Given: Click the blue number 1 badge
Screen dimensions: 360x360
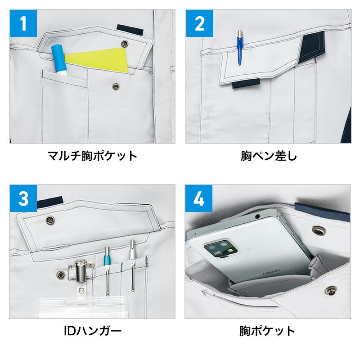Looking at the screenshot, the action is point(23,23).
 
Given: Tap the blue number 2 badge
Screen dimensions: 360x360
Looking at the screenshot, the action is point(199,23).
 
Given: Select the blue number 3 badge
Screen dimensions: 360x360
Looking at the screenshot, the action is point(23,198).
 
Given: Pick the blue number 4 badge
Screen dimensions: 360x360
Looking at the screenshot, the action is point(199,198).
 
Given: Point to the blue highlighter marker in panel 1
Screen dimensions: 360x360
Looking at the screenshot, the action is point(59,60).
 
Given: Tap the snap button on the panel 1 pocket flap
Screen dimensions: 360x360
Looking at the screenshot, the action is point(125,43).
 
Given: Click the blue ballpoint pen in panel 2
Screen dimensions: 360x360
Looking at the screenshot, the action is point(240,48).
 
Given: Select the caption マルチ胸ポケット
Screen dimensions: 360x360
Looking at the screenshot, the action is point(92,156).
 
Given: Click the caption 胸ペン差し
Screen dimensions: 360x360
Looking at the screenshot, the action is point(269,156).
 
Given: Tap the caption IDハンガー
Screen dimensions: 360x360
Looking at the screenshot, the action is point(93,331).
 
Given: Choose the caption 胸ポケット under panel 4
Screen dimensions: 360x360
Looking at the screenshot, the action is point(267,331).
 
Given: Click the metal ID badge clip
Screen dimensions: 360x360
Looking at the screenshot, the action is point(81,271).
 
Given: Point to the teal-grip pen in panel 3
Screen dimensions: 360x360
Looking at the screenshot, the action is point(107,271).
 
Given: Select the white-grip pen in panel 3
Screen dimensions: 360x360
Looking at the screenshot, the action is point(132,265).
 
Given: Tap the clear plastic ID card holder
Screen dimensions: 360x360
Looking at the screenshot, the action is point(82,306).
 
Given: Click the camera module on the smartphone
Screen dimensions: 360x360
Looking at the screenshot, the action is point(220,249).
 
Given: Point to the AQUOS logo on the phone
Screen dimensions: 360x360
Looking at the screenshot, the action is point(271,273).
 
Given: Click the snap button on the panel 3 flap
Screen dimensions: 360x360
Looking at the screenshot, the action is point(50,220).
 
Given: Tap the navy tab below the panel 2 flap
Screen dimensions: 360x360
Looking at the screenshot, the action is point(246,84).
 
